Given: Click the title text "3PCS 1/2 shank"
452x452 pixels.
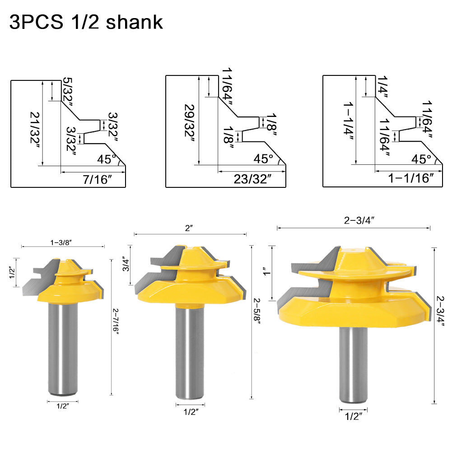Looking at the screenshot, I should (x=86, y=22).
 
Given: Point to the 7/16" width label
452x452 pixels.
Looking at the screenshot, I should (x=98, y=179).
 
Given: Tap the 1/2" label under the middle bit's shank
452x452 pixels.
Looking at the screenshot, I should (x=189, y=411).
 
